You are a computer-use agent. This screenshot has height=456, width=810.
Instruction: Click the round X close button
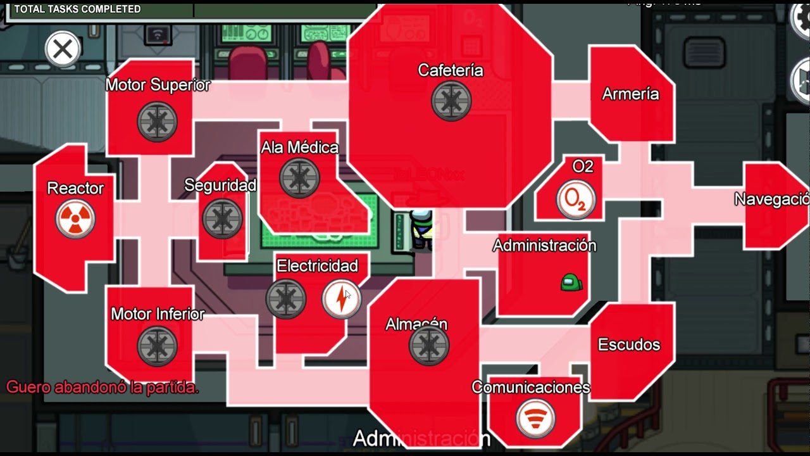63,49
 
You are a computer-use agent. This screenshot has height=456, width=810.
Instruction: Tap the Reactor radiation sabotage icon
75,219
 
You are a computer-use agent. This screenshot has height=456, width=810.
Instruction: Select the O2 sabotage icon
576,199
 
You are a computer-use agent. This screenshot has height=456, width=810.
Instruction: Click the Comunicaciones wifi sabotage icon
535,418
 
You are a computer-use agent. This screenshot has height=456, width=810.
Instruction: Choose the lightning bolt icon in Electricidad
342,299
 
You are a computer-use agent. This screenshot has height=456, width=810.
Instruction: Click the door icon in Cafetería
451,101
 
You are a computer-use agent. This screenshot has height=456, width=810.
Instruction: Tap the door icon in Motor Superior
157,121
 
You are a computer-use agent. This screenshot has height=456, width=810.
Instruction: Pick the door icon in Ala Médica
299,177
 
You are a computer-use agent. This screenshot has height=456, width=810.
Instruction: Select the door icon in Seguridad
222,218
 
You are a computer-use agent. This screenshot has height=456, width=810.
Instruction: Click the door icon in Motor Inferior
157,346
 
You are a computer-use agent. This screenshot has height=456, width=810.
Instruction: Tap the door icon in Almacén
429,346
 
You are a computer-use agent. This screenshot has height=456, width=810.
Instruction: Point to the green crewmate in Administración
571,282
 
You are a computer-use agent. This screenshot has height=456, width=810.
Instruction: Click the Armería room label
630,94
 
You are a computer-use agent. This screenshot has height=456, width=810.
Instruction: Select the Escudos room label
629,345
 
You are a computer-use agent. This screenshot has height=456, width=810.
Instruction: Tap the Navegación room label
771,199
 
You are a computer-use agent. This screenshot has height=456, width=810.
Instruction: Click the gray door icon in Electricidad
286,299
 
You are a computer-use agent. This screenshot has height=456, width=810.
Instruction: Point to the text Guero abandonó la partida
103,387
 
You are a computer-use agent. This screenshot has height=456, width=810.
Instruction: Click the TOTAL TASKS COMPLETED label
77,9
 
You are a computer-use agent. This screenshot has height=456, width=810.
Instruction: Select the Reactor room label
75,188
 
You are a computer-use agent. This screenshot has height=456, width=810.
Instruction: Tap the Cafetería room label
451,70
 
